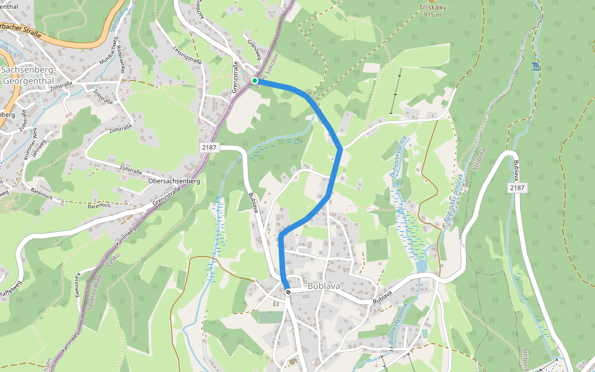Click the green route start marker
tap(255, 81)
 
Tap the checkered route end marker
tap(288, 292)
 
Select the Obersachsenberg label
tap(174, 181)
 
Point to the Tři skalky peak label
tap(432, 6)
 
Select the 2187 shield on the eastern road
tap(516, 187)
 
